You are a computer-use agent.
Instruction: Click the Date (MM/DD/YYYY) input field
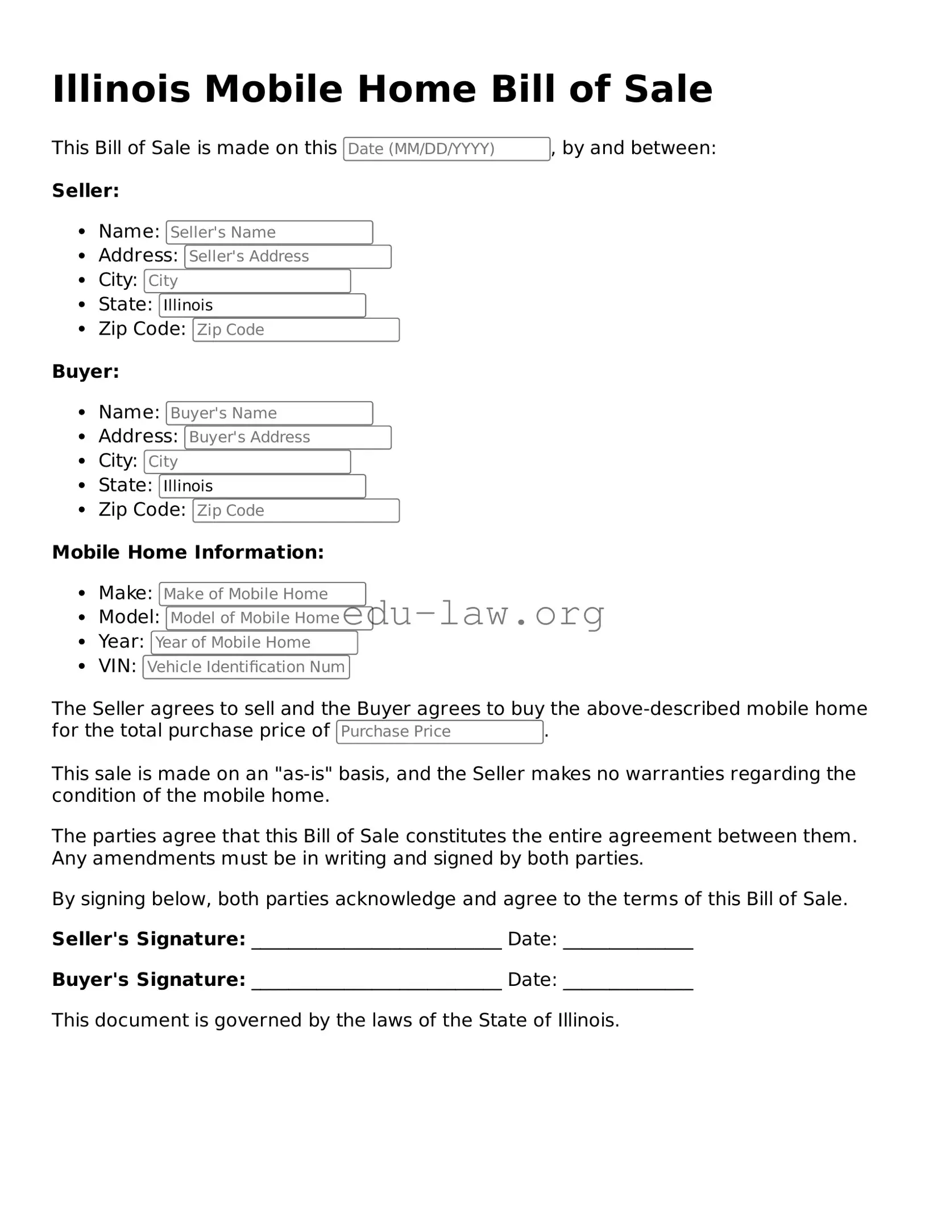(446, 149)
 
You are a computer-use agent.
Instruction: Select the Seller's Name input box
(269, 232)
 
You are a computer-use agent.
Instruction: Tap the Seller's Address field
(288, 256)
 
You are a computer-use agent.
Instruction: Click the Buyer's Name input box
(269, 413)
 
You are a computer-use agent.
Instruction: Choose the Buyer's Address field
(288, 437)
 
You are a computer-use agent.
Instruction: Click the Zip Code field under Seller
(296, 330)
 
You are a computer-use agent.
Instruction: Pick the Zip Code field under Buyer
(296, 510)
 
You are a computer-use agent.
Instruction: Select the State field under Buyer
(262, 486)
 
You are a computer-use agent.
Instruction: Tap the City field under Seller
(247, 281)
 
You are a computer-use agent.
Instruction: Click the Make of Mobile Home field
(262, 594)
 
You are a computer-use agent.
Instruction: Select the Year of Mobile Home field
(254, 642)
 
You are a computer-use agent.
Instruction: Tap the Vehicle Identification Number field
(246, 667)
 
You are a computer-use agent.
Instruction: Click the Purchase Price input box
(439, 731)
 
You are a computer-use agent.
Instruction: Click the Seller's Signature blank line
(376, 940)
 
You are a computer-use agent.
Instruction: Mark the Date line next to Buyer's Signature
(628, 980)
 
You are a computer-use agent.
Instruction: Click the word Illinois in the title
(121, 89)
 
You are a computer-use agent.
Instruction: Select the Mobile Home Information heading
(188, 552)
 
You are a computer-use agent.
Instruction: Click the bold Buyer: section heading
(85, 372)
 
